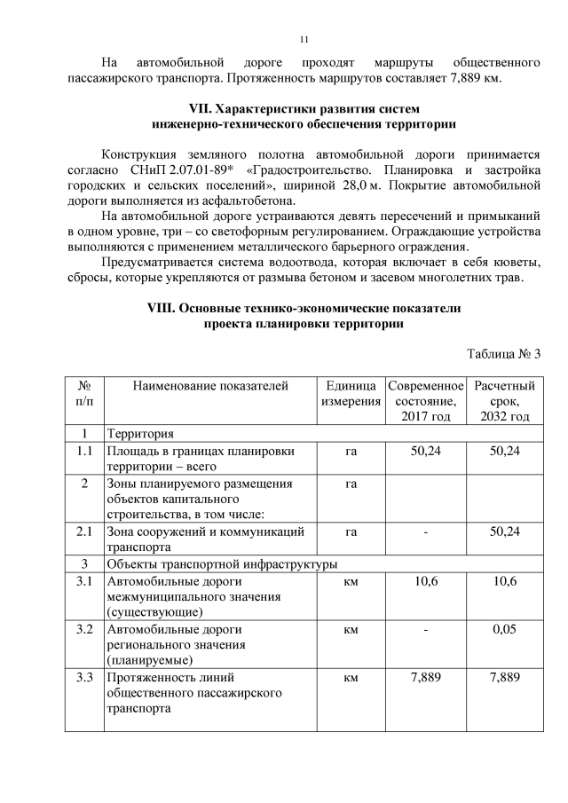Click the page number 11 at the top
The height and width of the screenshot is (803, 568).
click(x=304, y=40)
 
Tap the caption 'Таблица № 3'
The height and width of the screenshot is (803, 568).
click(x=503, y=354)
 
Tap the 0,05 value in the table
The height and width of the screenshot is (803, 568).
click(x=504, y=630)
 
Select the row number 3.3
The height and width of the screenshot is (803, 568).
click(x=84, y=679)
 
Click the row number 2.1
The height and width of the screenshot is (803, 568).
click(x=84, y=531)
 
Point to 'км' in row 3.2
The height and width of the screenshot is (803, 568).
click(x=350, y=630)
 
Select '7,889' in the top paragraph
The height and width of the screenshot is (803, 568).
click(x=451, y=78)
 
